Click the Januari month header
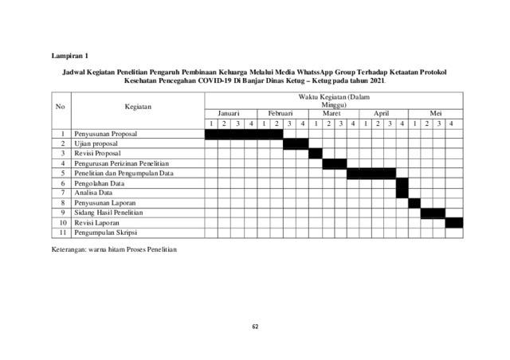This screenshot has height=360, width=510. pyautogui.click(x=229, y=113)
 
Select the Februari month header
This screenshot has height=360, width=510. pyautogui.click(x=281, y=113)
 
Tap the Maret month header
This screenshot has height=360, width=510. pyautogui.click(x=333, y=113)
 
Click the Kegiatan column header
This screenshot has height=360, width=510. pyautogui.click(x=138, y=106)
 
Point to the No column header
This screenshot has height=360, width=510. pyautogui.click(x=60, y=106)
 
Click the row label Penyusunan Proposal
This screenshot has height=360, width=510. pyautogui.click(x=106, y=134)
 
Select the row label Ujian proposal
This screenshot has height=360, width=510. pyautogui.click(x=96, y=143)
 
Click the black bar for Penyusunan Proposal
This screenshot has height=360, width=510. pyautogui.click(x=244, y=134)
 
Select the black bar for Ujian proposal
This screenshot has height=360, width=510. pyautogui.click(x=295, y=143)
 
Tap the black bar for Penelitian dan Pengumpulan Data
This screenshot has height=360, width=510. pyautogui.click(x=371, y=173)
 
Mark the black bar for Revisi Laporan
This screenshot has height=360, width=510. pyautogui.click(x=453, y=222)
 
